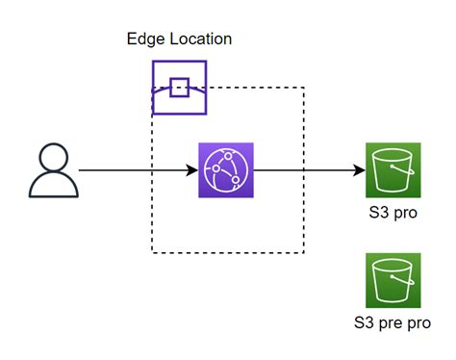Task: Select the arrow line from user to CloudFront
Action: tap(135, 171)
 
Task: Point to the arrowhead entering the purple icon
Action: tap(191, 171)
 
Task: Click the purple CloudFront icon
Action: tap(225, 170)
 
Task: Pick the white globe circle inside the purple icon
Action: tap(225, 170)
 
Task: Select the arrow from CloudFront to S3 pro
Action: tap(308, 171)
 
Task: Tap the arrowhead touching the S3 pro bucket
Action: tap(360, 171)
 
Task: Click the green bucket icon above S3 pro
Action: tap(393, 170)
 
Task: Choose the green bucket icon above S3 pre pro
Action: tap(393, 280)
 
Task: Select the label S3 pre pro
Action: tap(393, 322)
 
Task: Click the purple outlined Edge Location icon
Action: tap(179, 88)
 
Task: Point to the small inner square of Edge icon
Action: tap(179, 88)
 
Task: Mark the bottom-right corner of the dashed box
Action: tap(304, 253)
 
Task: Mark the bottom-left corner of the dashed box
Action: tap(152, 253)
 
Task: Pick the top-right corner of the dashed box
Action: tap(304, 89)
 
